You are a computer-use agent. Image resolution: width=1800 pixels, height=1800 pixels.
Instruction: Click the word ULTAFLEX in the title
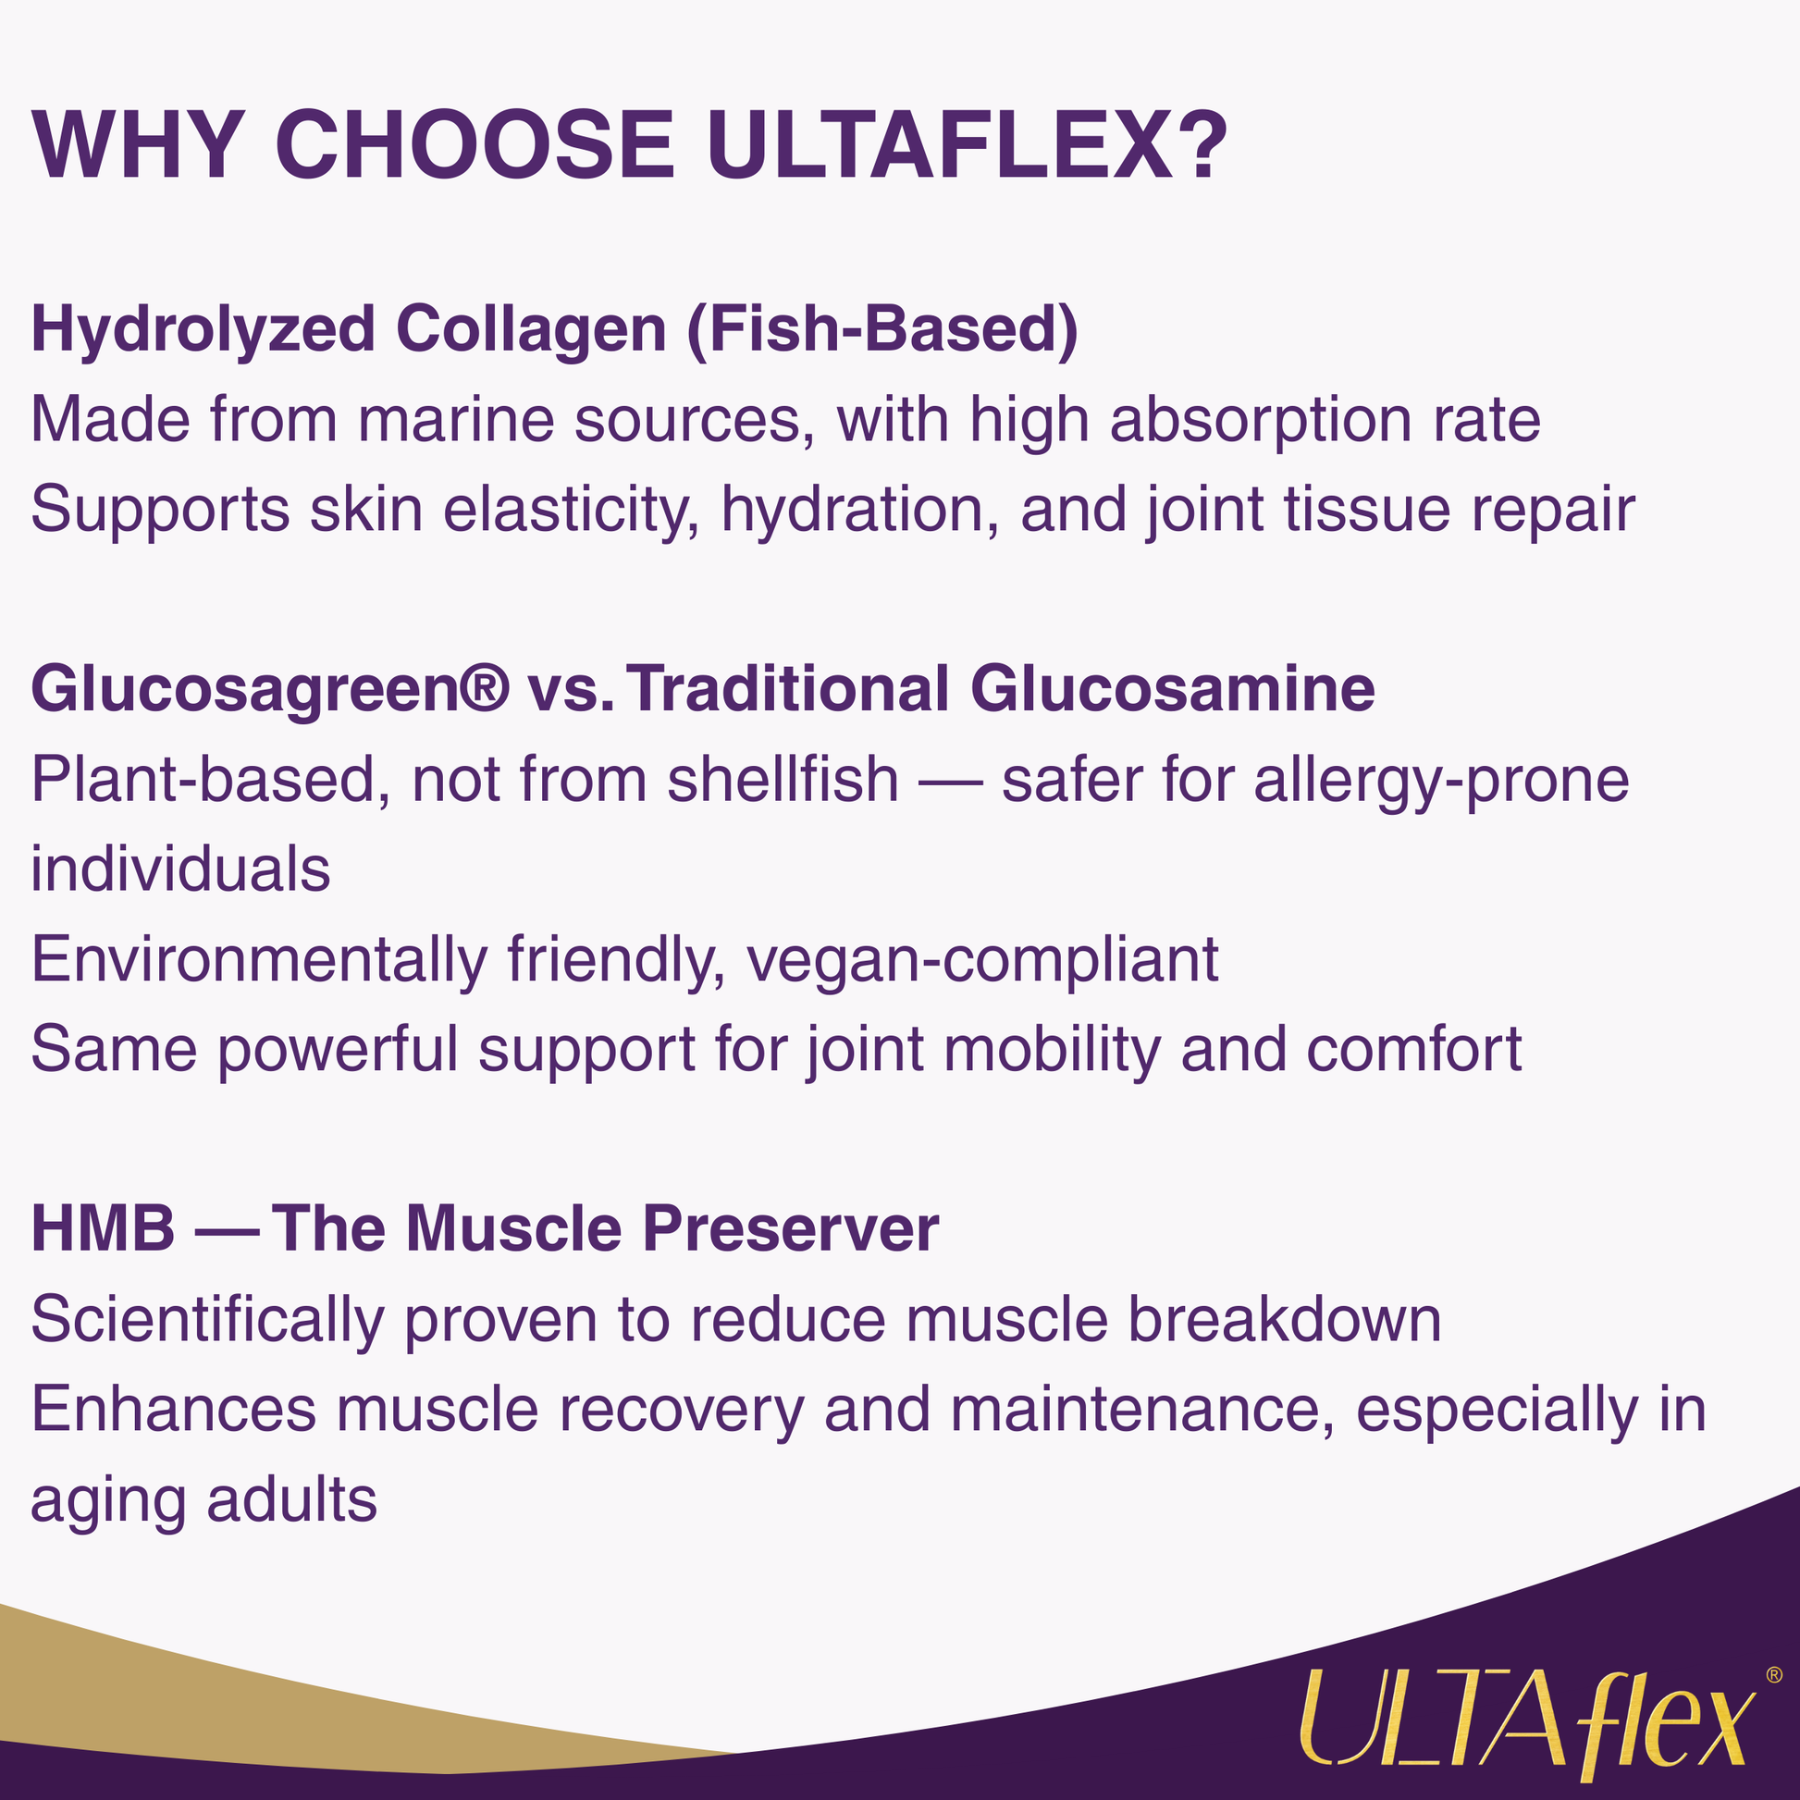939,146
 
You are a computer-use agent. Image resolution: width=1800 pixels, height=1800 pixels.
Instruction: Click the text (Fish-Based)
882,330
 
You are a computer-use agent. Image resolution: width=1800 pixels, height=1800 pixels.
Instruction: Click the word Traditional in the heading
787,689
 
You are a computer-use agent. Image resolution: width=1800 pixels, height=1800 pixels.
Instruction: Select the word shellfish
783,779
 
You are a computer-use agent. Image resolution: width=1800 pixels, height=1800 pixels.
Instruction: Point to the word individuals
180,869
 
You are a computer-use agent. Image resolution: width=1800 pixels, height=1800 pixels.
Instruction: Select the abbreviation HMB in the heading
104,1229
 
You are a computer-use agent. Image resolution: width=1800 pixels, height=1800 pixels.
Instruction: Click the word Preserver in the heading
791,1229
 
